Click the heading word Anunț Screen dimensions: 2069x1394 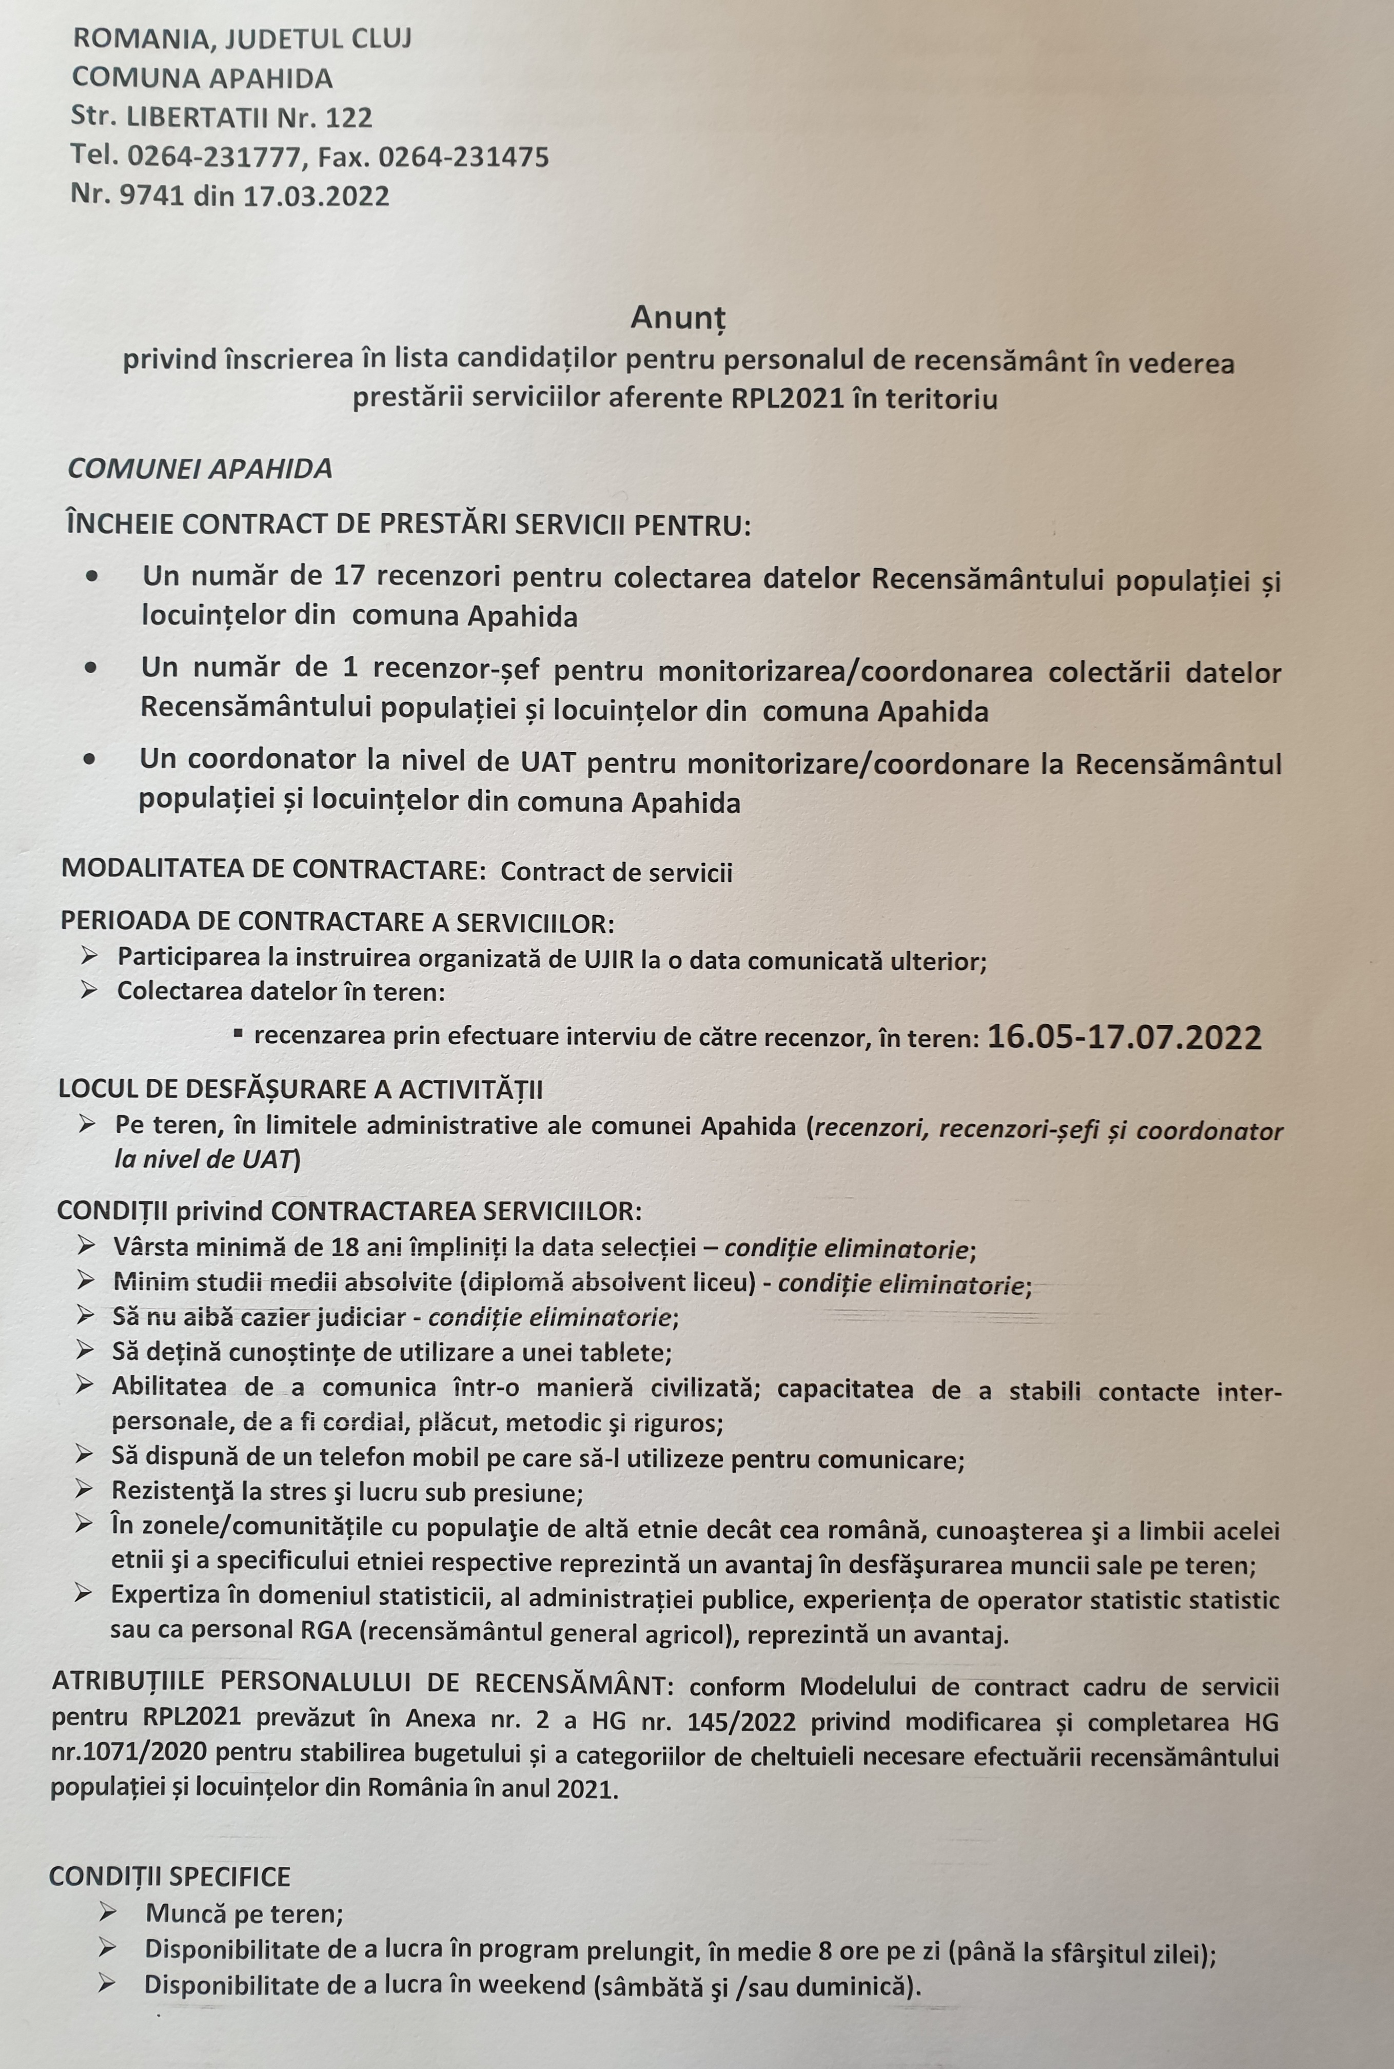[x=678, y=318]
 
